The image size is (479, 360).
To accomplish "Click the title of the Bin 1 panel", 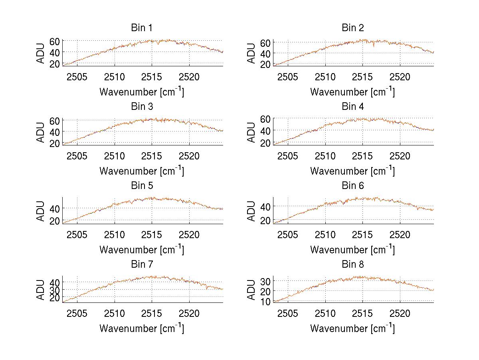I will click(142, 28).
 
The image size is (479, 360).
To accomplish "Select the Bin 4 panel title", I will click(353, 107).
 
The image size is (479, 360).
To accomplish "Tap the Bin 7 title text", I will click(142, 265).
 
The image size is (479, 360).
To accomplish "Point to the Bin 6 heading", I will click(353, 186).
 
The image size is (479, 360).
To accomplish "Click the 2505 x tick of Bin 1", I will click(77, 77).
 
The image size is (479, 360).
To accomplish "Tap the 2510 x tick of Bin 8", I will click(325, 313).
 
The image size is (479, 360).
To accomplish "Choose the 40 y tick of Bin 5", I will click(55, 209).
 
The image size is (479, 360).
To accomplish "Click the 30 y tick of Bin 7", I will click(55, 290).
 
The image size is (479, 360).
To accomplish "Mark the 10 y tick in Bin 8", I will click(265, 302).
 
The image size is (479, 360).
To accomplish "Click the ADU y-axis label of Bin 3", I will click(41, 132).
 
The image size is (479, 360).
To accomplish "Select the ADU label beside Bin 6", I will click(251, 211).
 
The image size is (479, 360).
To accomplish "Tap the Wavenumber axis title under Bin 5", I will click(142, 250).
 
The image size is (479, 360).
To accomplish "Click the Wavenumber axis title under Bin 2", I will click(352, 92).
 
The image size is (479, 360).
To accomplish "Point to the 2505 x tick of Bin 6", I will click(288, 235).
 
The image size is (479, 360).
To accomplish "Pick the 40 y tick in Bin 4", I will click(265, 131).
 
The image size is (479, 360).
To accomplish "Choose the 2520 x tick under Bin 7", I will click(189, 313).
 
